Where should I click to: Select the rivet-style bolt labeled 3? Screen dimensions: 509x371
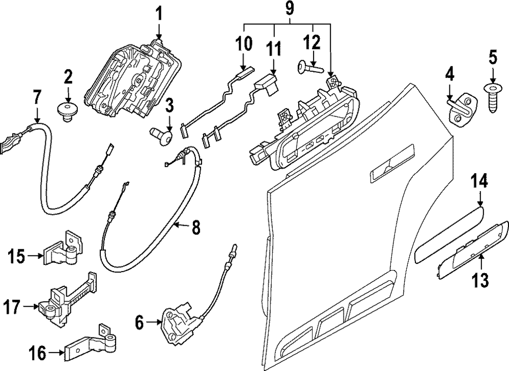tap(162, 135)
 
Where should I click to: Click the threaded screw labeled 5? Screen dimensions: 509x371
tap(493, 97)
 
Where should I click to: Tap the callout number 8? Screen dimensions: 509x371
tap(195, 228)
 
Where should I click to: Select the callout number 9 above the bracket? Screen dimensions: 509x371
tap(289, 9)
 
